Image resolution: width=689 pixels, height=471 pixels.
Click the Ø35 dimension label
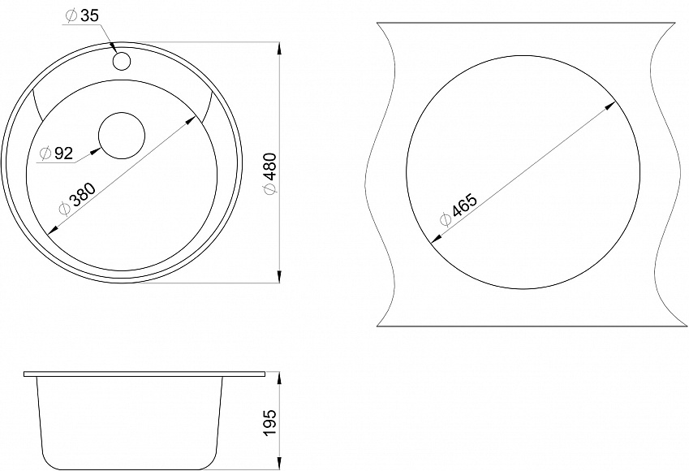point(82,15)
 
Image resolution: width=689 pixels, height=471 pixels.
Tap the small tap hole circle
point(122,61)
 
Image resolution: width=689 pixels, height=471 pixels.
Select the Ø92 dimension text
point(56,153)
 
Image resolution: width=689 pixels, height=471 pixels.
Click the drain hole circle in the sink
point(122,136)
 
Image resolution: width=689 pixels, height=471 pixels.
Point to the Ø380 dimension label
point(77,199)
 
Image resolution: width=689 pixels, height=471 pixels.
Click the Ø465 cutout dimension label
point(458,210)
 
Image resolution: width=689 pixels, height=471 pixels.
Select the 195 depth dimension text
point(270,422)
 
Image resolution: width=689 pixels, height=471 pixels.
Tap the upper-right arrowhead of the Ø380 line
point(191,120)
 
